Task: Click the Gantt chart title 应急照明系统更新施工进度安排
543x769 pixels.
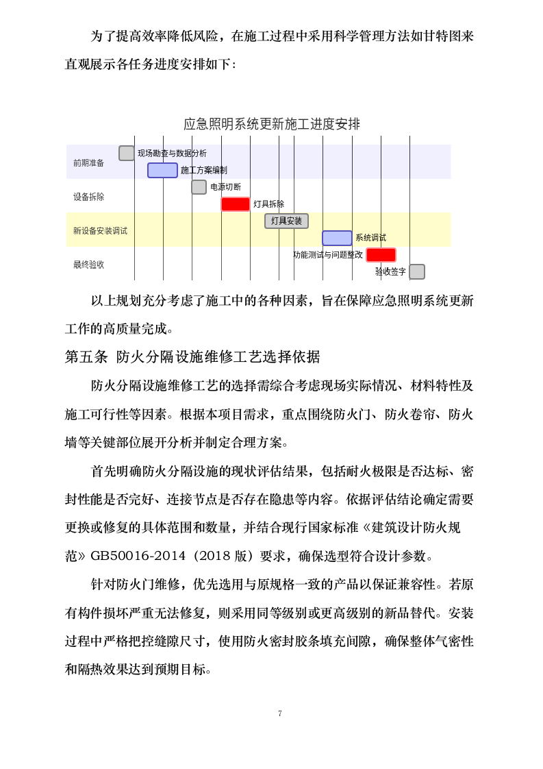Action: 272,124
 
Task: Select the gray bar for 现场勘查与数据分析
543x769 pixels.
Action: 127,153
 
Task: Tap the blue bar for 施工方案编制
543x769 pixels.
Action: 162,170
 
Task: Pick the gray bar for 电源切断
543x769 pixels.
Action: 199,187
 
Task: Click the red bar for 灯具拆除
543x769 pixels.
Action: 236,204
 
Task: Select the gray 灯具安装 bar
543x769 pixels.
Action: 286,221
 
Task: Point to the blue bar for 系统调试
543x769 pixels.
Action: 337,238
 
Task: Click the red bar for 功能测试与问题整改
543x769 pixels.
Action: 381,255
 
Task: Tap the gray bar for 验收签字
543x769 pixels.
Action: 417,271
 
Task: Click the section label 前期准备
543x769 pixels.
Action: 89,162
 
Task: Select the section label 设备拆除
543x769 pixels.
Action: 89,197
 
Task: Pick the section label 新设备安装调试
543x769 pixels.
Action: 100,230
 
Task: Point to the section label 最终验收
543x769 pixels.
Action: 89,265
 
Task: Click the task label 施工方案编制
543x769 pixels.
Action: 204,170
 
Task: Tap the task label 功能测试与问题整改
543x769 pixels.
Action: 328,255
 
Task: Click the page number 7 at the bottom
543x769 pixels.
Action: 280,713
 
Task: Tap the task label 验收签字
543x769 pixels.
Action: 390,272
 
